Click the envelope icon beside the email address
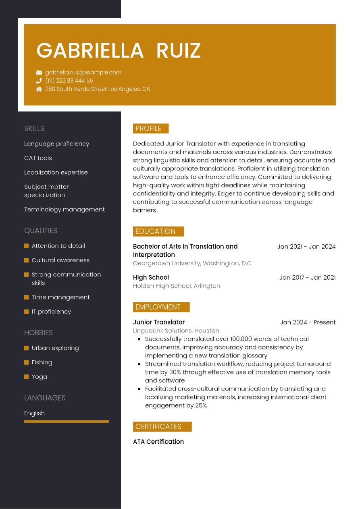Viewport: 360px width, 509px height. point(39,73)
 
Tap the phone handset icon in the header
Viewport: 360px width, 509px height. point(39,81)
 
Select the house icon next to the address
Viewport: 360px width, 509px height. point(39,89)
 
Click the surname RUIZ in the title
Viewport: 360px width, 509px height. point(178,51)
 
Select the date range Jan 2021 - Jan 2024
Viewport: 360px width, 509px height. point(306,247)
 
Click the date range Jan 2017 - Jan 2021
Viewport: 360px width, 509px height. point(307,278)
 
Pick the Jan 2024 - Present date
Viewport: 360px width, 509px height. point(308,322)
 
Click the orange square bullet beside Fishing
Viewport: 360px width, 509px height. point(27,362)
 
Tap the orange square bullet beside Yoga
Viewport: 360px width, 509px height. point(27,377)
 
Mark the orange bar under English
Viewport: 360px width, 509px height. point(67,422)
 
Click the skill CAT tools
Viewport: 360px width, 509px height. point(38,158)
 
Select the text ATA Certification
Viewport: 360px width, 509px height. point(158,442)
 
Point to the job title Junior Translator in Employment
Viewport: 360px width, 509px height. point(159,322)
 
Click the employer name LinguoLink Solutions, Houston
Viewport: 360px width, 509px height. point(176,330)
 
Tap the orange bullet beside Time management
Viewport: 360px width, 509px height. point(27,297)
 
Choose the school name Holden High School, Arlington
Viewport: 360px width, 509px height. point(177,286)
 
